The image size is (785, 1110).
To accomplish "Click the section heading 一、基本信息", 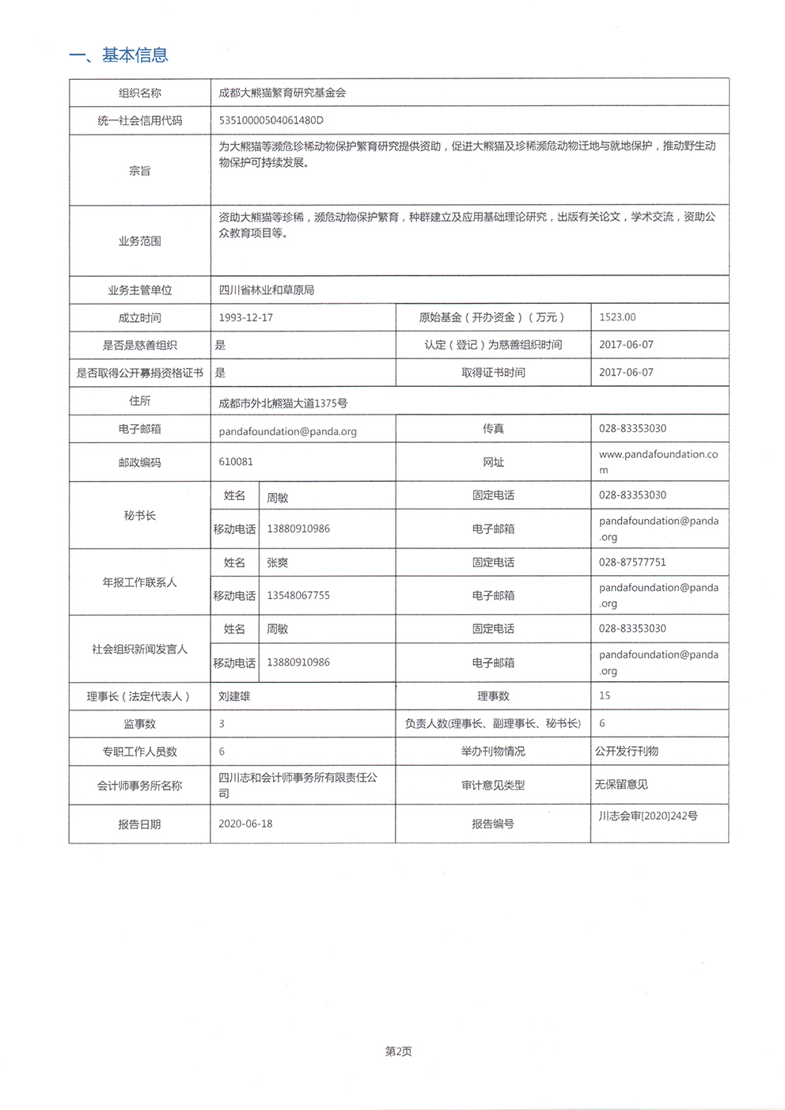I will pyautogui.click(x=119, y=55).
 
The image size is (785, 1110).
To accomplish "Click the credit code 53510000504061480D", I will pyautogui.click(x=271, y=121).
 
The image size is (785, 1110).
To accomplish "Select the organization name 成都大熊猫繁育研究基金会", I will pyautogui.click(x=283, y=93).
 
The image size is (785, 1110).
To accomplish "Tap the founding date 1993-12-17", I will pyautogui.click(x=245, y=317).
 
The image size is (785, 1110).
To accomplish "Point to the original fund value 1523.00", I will pyautogui.click(x=617, y=317).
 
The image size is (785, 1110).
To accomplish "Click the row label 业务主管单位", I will pyautogui.click(x=140, y=290).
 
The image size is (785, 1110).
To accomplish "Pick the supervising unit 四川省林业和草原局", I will pyautogui.click(x=267, y=290).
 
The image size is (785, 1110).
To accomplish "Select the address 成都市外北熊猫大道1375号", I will pyautogui.click(x=283, y=403).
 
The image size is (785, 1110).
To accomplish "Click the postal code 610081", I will pyautogui.click(x=236, y=462).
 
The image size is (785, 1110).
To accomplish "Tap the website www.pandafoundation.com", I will pyautogui.click(x=658, y=462).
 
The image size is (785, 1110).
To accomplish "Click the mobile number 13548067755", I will pyautogui.click(x=298, y=596).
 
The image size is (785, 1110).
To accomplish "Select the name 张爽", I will pyautogui.click(x=277, y=563).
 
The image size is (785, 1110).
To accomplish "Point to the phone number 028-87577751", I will pyautogui.click(x=632, y=563).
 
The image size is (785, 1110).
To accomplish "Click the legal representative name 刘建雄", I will pyautogui.click(x=234, y=696).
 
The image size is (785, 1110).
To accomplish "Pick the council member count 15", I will pyautogui.click(x=605, y=696).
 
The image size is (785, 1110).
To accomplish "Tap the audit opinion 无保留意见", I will pyautogui.click(x=621, y=785).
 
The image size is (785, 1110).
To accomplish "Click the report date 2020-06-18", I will pyautogui.click(x=245, y=824).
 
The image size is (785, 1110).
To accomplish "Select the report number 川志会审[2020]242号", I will pyautogui.click(x=648, y=816).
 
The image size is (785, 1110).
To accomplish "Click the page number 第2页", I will pyautogui.click(x=398, y=1051).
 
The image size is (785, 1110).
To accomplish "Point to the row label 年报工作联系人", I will pyautogui.click(x=140, y=582).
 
